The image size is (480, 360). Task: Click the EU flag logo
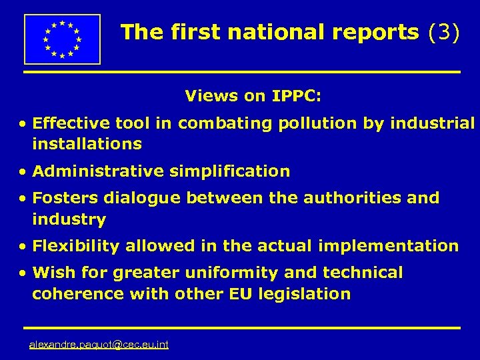tap(62, 39)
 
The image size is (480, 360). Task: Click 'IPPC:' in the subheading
tap(297, 96)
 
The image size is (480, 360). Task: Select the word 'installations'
tap(87, 143)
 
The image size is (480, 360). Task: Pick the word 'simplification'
tap(229, 172)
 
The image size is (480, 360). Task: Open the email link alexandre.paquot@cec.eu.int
tap(99, 345)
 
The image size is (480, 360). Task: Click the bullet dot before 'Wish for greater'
tap(23, 273)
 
